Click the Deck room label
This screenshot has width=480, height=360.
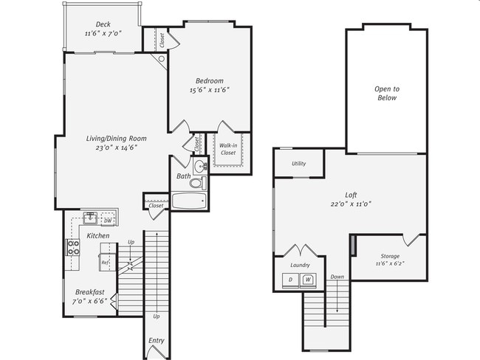point(103,24)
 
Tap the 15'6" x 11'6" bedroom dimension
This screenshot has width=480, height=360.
point(210,90)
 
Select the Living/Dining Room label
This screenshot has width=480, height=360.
point(117,139)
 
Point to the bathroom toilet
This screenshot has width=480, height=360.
point(198,183)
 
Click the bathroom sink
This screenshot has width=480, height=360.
point(201,167)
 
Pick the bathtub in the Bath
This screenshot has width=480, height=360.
point(189,201)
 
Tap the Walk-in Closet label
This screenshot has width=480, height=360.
point(228,149)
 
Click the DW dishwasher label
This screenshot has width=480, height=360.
point(108,221)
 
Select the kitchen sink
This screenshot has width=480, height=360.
point(90,218)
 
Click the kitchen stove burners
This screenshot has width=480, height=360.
point(73,247)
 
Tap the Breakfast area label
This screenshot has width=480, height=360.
point(90,292)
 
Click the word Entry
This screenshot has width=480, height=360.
point(157,340)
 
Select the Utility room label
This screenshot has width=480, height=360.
point(299,164)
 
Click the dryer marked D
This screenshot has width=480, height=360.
point(290,280)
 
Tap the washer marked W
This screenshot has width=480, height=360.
point(308,280)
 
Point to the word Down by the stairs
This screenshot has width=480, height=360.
point(337,277)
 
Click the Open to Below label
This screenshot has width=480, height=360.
point(387,93)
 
